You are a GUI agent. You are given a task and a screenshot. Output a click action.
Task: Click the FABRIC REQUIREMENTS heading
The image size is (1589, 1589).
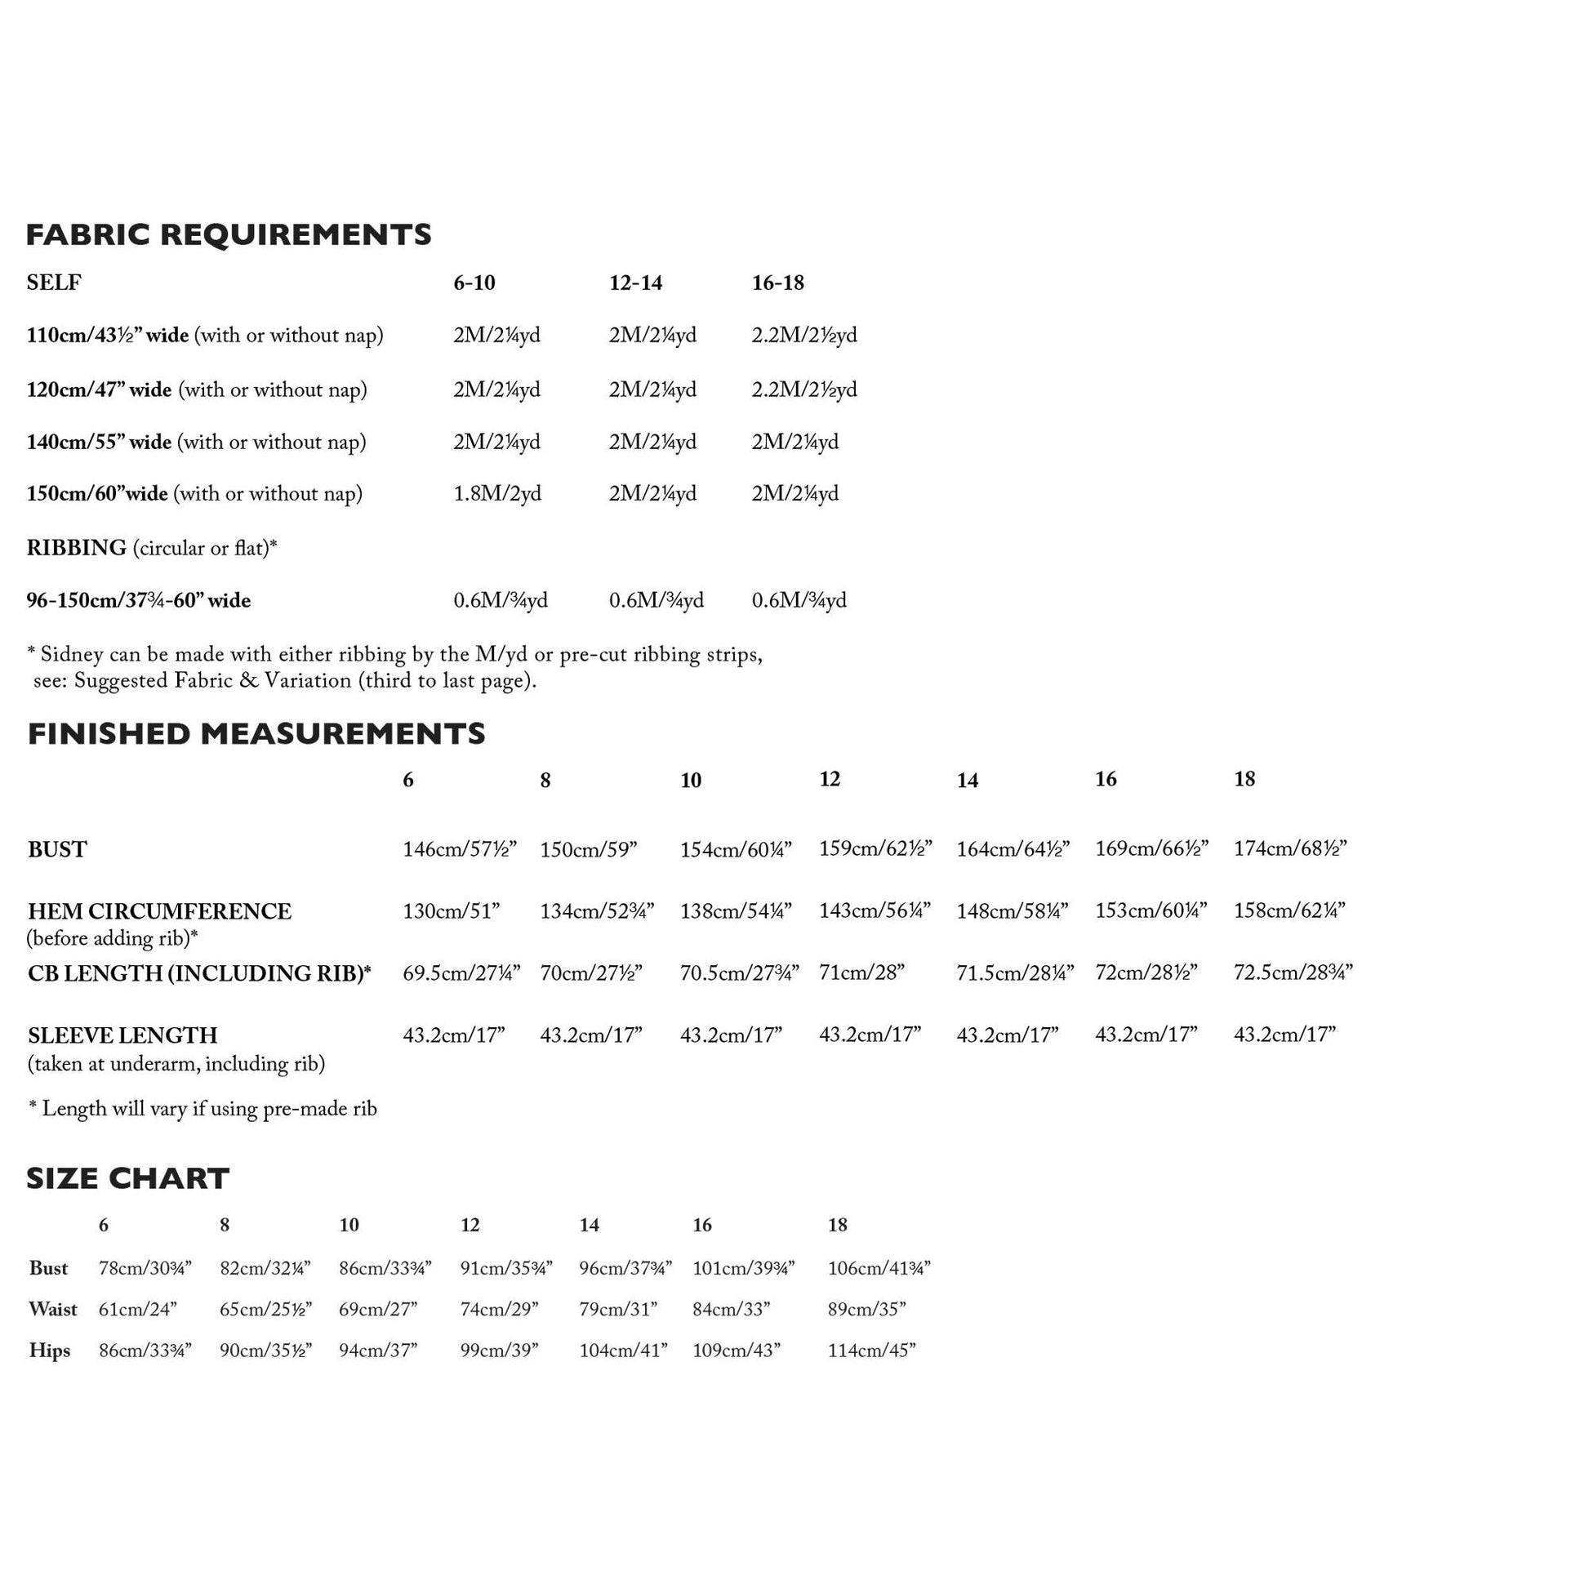[229, 235]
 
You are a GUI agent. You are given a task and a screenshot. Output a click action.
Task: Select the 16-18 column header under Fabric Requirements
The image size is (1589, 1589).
[777, 283]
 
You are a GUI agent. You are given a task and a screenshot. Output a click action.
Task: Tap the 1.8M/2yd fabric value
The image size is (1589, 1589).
[496, 493]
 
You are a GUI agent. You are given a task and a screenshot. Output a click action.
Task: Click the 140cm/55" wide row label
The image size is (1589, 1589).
[99, 442]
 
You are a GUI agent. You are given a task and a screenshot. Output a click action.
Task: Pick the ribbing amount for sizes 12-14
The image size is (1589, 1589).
[656, 600]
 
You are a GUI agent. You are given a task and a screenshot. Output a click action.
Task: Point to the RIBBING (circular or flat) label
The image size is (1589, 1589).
[151, 548]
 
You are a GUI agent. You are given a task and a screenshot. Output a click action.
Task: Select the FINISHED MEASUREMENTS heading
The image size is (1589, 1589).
[256, 733]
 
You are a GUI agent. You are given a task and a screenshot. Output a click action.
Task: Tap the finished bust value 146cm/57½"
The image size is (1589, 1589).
[459, 848]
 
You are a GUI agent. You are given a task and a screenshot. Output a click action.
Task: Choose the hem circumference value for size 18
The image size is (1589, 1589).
[1289, 910]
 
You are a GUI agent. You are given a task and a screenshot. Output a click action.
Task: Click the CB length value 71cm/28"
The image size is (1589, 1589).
[861, 973]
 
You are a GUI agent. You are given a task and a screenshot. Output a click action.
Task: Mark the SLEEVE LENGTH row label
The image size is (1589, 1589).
[122, 1035]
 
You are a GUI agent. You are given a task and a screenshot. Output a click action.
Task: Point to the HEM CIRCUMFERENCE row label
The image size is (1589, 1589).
[159, 911]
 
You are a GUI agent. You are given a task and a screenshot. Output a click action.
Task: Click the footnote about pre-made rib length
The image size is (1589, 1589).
[203, 1109]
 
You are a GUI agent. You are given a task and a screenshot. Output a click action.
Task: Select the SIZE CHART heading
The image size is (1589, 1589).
[127, 1178]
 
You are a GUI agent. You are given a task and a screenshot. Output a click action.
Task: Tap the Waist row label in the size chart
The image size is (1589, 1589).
[52, 1309]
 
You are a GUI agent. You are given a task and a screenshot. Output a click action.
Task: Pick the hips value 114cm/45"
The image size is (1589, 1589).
[871, 1350]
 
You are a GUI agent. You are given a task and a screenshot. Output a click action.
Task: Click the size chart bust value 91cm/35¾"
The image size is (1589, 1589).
[505, 1267]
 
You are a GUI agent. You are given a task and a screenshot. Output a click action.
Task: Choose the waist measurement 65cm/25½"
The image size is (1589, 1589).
[265, 1309]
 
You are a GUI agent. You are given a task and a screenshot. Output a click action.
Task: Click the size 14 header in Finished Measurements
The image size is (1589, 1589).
[968, 781]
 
